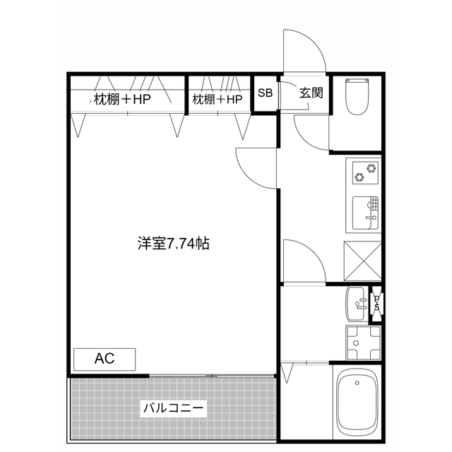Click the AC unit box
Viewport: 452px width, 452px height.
(x=105, y=359)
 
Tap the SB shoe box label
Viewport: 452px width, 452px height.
(x=265, y=93)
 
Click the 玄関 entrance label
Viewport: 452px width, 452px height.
(x=311, y=93)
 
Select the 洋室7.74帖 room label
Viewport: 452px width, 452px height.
(x=173, y=244)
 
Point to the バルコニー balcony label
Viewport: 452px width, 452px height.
(x=174, y=408)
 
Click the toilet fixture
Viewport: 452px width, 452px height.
(x=357, y=97)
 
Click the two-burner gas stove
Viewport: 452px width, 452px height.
(x=365, y=172)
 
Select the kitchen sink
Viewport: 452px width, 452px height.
(x=365, y=213)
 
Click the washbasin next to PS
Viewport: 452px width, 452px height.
(x=357, y=304)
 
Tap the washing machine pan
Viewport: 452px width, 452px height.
(x=364, y=343)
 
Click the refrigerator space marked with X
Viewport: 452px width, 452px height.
(x=362, y=261)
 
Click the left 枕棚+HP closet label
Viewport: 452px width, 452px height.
(x=122, y=100)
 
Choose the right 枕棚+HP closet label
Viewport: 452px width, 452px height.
(x=218, y=100)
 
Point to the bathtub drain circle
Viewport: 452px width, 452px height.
(x=357, y=383)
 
